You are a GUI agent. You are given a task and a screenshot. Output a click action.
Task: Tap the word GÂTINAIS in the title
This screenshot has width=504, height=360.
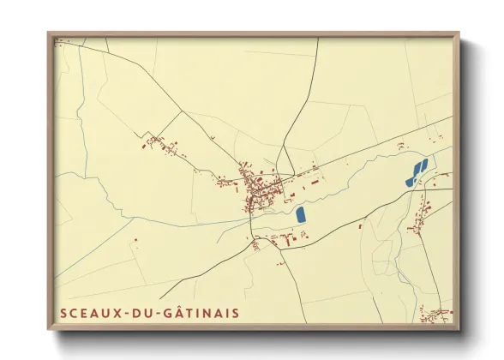pyautogui.click(x=203, y=314)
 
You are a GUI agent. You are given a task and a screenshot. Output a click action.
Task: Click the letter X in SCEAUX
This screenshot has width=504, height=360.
pyautogui.click(x=116, y=314)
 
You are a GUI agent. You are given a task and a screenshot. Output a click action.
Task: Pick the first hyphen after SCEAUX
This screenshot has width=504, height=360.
pyautogui.click(x=126, y=315)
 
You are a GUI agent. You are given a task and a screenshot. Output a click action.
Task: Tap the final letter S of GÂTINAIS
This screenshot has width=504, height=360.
pyautogui.click(x=236, y=314)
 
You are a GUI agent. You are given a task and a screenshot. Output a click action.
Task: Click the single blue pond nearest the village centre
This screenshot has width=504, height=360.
pyautogui.click(x=301, y=214)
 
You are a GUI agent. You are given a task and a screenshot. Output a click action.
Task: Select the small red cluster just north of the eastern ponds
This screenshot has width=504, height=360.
pyautogui.click(x=401, y=148)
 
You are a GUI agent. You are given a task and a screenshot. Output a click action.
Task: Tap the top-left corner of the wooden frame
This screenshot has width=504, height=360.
pyautogui.click(x=49, y=34)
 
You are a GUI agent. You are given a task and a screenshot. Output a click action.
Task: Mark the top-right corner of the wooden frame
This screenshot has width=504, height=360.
pyautogui.click(x=458, y=34)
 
